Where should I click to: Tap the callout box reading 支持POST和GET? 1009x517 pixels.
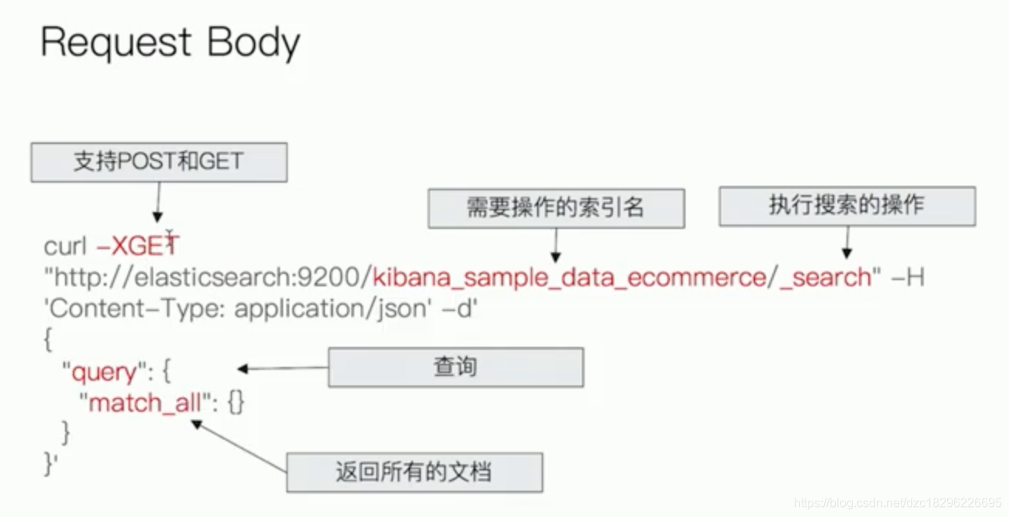click(x=159, y=162)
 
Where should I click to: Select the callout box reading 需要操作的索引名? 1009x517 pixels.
click(x=556, y=207)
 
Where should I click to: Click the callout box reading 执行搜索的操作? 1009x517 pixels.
click(x=847, y=205)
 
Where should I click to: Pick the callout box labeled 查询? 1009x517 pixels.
click(x=455, y=367)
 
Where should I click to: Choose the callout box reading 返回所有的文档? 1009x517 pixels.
click(x=414, y=472)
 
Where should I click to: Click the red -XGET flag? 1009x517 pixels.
click(x=137, y=246)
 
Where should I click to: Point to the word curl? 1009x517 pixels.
click(x=65, y=246)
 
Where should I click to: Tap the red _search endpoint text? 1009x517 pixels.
click(x=825, y=277)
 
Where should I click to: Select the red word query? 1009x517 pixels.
click(x=103, y=373)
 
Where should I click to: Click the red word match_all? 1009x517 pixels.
click(x=145, y=403)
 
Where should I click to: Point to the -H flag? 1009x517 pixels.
click(x=908, y=277)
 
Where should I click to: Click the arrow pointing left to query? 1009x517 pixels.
click(x=282, y=368)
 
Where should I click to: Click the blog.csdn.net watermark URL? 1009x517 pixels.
click(x=898, y=504)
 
